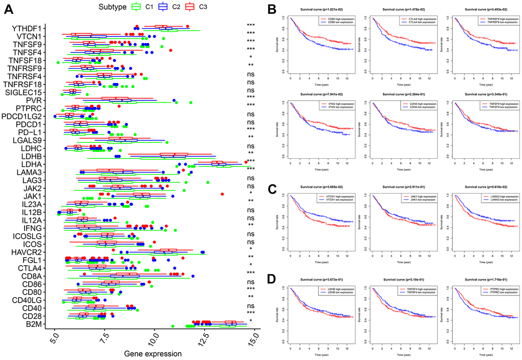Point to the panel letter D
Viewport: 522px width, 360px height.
tap(272, 279)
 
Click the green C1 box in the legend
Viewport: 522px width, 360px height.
tap(136, 7)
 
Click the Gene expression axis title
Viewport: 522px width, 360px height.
tap(153, 353)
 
